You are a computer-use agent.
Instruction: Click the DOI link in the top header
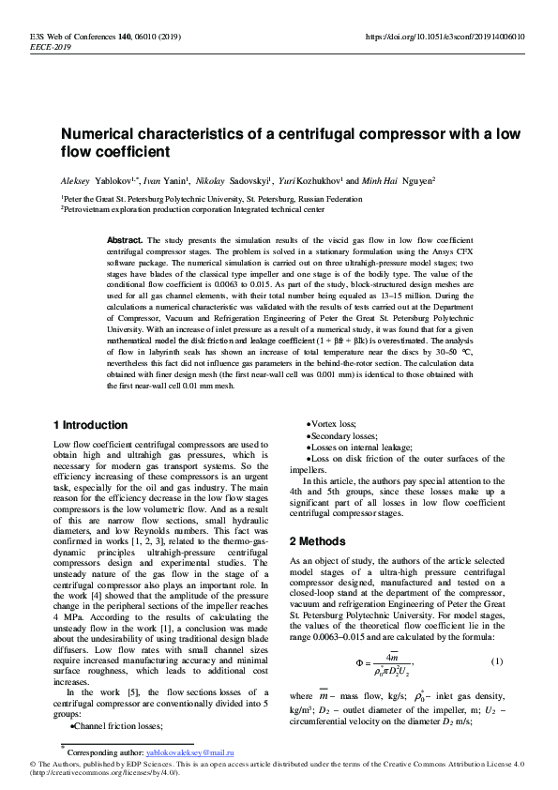coord(444,37)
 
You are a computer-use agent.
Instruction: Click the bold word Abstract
coord(126,240)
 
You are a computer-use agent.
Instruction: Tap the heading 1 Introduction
coord(91,425)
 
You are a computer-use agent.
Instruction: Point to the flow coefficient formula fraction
coord(387,663)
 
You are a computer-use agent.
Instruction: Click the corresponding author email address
coord(190,752)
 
